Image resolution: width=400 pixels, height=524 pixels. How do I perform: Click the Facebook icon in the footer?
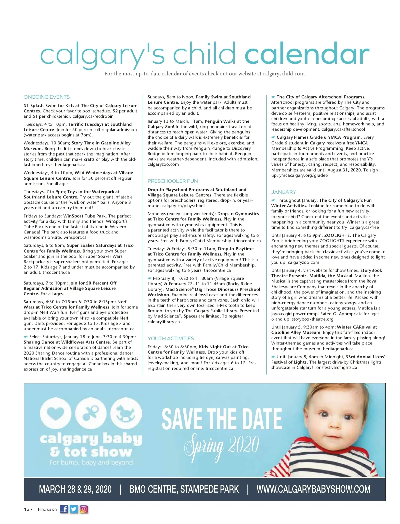pos(64,509)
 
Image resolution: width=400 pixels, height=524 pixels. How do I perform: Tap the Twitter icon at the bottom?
pos(74,509)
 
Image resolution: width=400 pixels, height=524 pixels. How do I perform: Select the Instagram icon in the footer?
pos(84,509)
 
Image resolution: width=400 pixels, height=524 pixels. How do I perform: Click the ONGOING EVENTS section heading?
pos(47,97)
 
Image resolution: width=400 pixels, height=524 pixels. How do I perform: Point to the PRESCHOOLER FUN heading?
pos(173,181)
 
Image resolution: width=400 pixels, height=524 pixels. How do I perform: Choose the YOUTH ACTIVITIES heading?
pos(171,339)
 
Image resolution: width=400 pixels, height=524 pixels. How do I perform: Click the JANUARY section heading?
pos(283,192)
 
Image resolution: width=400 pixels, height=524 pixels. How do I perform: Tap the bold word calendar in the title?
pos(307,55)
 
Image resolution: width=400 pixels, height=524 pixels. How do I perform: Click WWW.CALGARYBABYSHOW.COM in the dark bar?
pos(313,489)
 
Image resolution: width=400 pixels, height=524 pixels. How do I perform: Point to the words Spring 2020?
pos(222,445)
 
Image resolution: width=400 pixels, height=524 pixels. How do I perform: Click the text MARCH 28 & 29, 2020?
pos(75,489)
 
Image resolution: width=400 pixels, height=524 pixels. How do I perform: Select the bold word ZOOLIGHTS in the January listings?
pos(337,235)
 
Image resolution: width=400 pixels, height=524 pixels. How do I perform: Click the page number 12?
pos(27,509)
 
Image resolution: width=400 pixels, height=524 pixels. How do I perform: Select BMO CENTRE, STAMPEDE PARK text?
pos(184,489)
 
